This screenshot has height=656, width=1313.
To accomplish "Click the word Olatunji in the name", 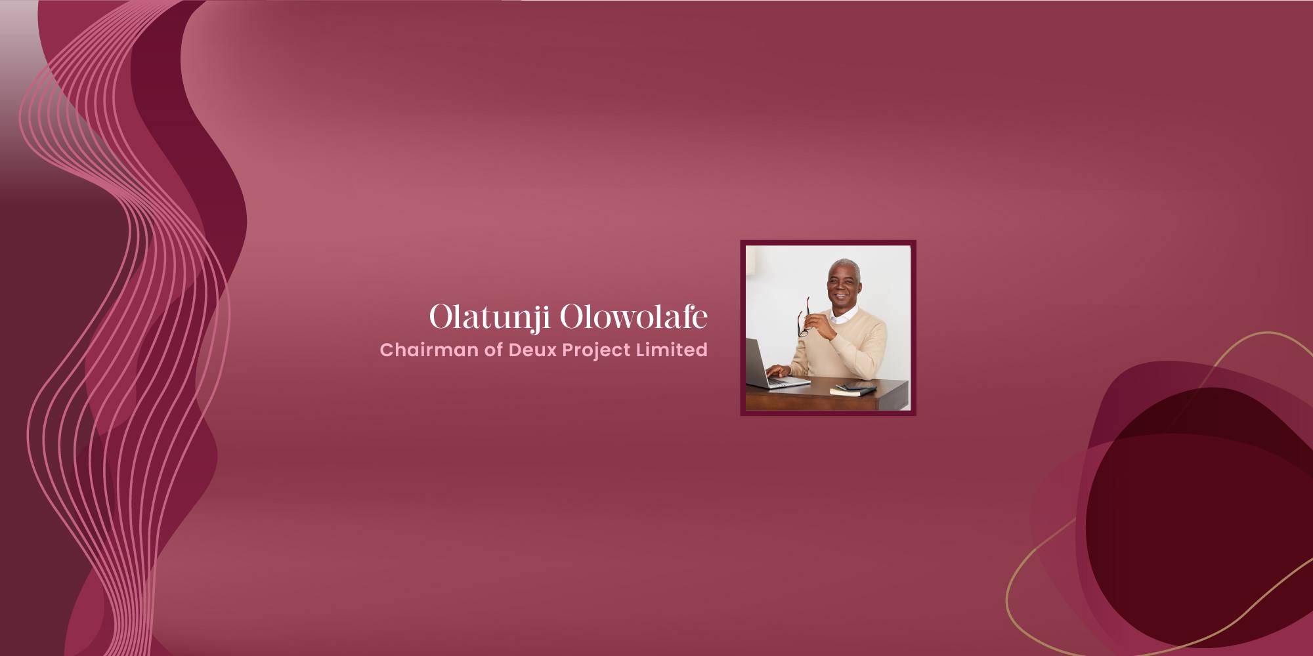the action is [489, 318].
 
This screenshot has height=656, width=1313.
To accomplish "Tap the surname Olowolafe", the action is [634, 317].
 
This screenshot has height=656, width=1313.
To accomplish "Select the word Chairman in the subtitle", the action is [429, 350].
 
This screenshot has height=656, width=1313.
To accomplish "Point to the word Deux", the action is [532, 350].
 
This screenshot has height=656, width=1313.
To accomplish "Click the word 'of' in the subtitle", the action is [494, 350].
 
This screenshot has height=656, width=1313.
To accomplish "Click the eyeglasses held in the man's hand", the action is [804, 316].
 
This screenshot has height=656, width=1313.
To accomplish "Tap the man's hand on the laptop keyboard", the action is [779, 371].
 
